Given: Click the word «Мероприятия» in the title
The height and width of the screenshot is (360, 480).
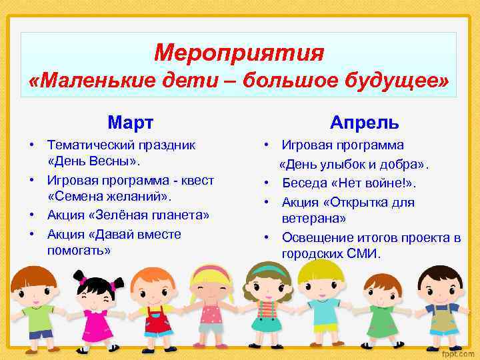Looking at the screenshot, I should pyautogui.click(x=239, y=53).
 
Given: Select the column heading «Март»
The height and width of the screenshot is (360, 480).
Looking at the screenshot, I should pyautogui.click(x=131, y=123).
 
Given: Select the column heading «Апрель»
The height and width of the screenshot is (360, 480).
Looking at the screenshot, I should pyautogui.click(x=365, y=123).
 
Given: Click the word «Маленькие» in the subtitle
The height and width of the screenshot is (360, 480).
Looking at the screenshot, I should pyautogui.click(x=85, y=83).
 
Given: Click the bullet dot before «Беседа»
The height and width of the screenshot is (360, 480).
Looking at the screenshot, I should pyautogui.click(x=267, y=183).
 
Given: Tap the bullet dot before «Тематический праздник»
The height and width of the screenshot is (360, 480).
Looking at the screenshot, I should pyautogui.click(x=31, y=145).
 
